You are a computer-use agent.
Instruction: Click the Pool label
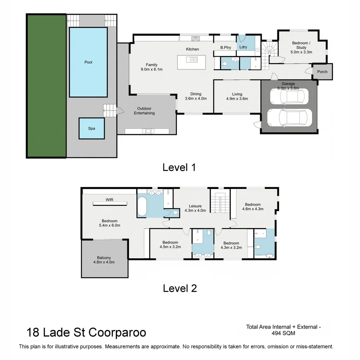[x=88, y=62]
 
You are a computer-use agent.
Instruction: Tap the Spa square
[x=92, y=128]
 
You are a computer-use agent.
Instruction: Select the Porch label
[x=322, y=72]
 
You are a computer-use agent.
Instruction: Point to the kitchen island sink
[x=193, y=60]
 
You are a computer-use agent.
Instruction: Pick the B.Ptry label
[x=226, y=48]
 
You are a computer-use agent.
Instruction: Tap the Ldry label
[x=243, y=47]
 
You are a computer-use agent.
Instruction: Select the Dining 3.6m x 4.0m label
[x=196, y=96]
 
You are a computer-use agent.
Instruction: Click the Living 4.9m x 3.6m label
[x=237, y=96]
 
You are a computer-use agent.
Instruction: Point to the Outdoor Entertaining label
[x=144, y=111]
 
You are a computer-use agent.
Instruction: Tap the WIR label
[x=110, y=200]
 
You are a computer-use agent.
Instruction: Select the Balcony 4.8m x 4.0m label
[x=104, y=260]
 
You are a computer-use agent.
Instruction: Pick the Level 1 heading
[x=179, y=167]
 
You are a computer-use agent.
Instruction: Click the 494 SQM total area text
[x=283, y=333]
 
